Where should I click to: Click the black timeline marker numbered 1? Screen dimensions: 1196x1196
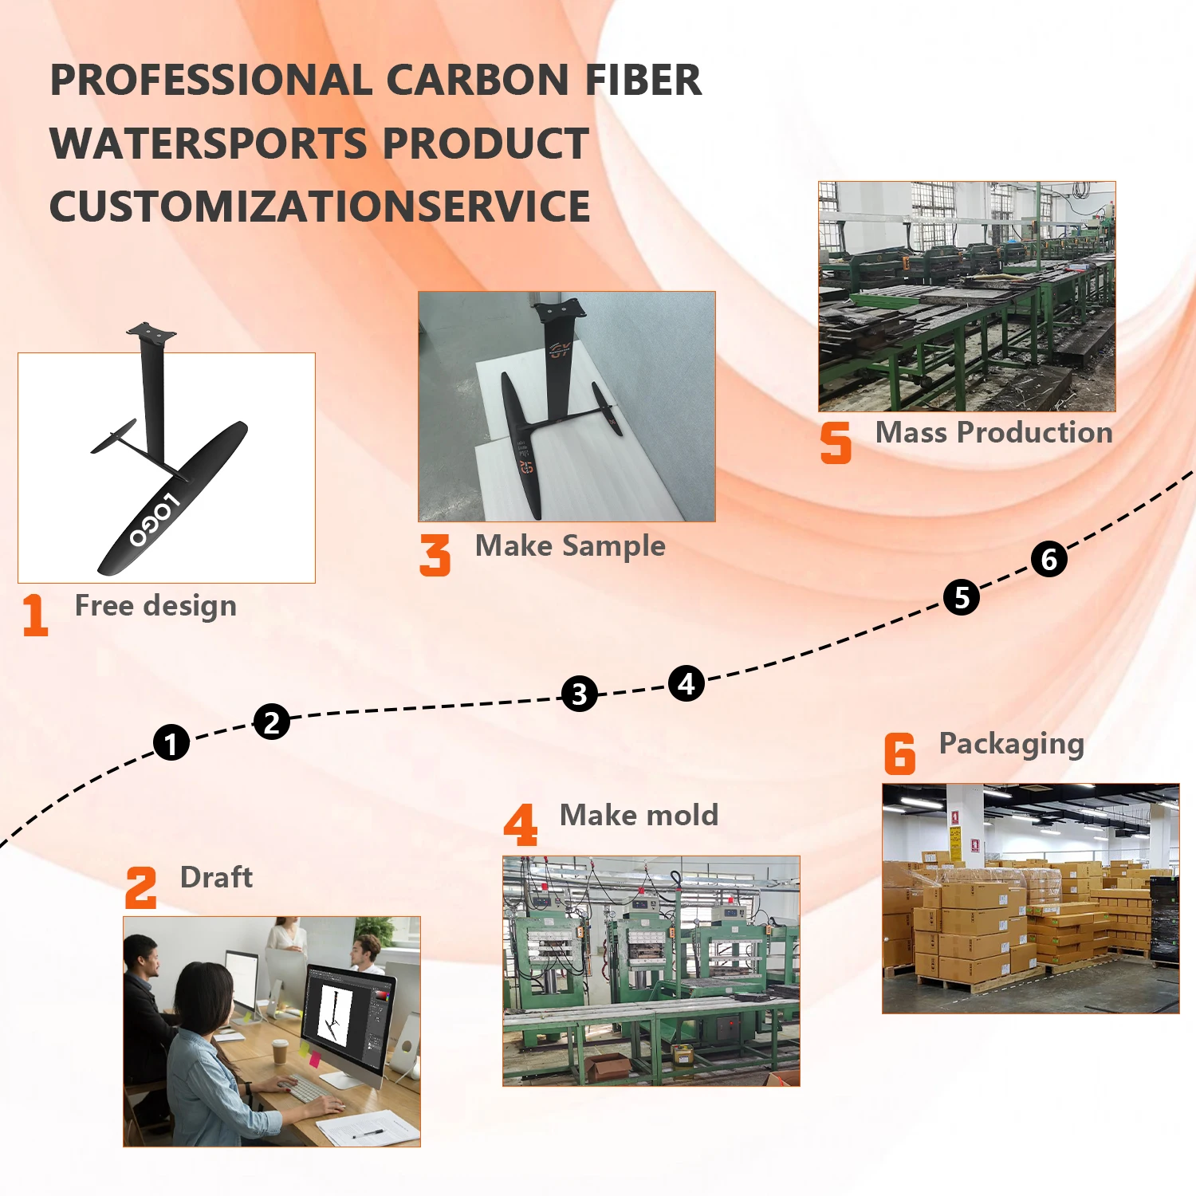coord(171,743)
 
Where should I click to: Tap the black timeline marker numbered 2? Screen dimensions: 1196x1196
coord(272,722)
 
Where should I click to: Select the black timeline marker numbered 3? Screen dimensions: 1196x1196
coord(580,694)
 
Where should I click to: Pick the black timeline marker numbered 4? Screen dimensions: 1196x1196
coord(687,683)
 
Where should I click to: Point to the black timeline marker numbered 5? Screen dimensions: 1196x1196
coord(962,597)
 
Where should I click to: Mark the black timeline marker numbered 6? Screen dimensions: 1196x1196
coord(1049,559)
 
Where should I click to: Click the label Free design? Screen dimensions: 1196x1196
coord(155,606)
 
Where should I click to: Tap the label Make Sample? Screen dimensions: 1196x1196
coord(570,546)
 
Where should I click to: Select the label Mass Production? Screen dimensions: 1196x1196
coord(993,432)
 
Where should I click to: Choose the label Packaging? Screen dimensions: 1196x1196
coord(1011,744)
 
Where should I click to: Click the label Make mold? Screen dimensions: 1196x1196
coord(639,815)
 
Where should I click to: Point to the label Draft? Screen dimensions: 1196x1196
coord(216,877)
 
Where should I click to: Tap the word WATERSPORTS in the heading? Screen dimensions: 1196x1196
coord(209,144)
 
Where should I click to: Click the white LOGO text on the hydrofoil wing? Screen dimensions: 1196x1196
coord(155,521)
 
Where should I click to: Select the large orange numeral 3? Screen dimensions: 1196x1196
coord(435,555)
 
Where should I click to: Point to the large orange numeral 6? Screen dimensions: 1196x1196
coord(899,753)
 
